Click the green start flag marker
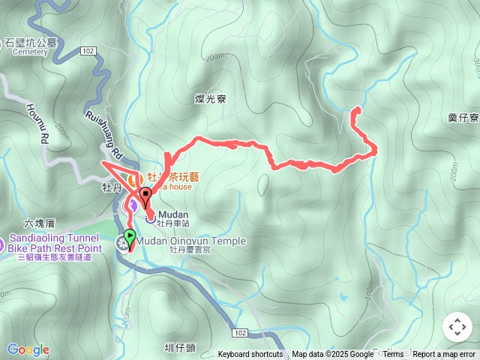(x=130, y=237)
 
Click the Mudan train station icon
(x=151, y=219)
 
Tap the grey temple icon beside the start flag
(x=121, y=243)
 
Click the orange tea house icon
(x=133, y=181)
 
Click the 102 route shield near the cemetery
(x=88, y=51)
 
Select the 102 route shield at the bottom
(x=240, y=332)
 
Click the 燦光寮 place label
(x=210, y=99)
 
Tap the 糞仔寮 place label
(x=463, y=118)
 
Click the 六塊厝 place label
(x=40, y=223)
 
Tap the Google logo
(x=28, y=349)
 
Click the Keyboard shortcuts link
(x=250, y=355)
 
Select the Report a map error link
(x=445, y=355)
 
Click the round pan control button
(x=457, y=327)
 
